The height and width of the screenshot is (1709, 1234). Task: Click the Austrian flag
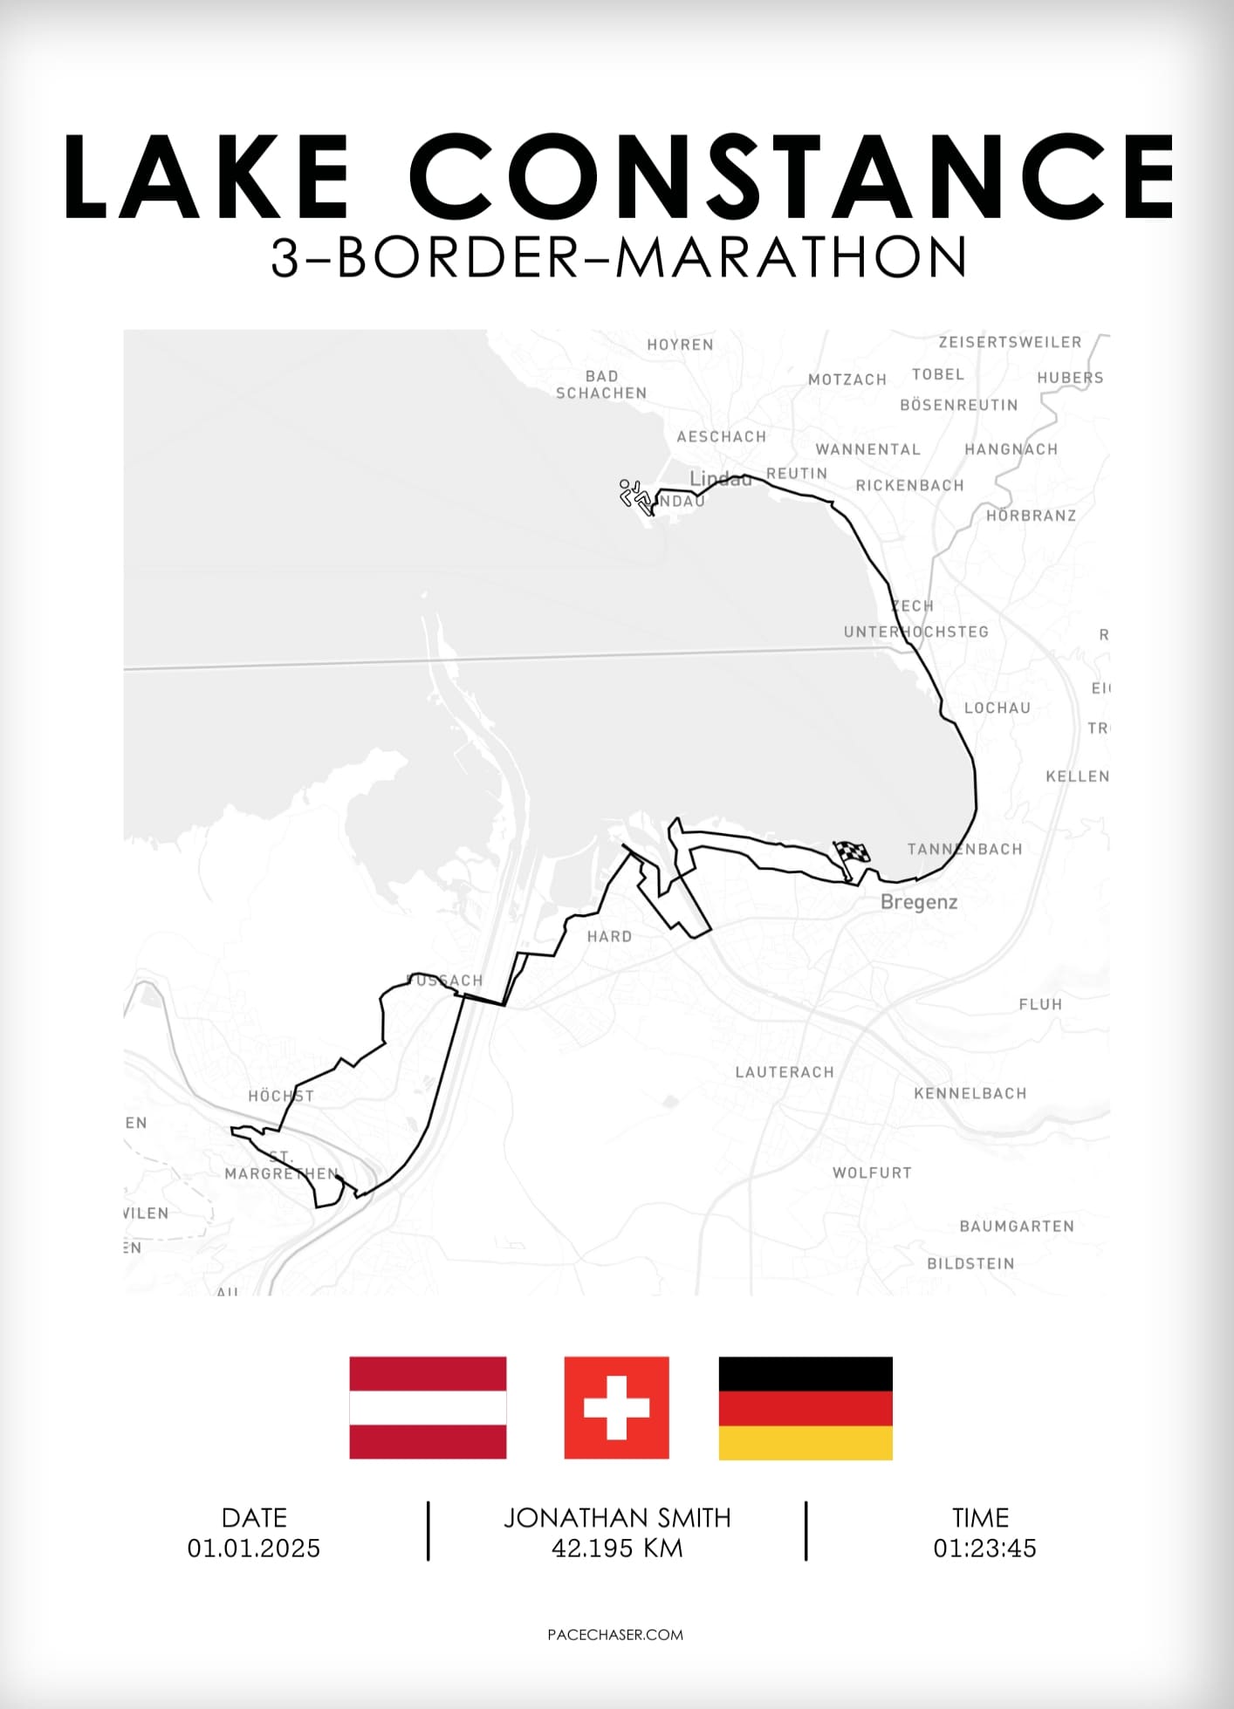click(x=428, y=1407)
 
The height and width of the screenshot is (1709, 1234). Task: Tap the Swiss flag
click(x=616, y=1407)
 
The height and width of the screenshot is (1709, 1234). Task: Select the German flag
click(x=806, y=1407)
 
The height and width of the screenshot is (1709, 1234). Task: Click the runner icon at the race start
click(x=635, y=496)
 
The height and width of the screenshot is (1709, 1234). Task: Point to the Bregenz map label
click(x=919, y=902)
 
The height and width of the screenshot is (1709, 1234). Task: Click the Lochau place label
click(x=997, y=708)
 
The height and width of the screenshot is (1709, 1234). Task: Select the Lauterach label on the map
click(x=785, y=1072)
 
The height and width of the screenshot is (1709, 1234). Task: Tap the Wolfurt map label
click(x=872, y=1172)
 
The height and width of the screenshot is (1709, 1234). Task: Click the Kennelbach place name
click(x=970, y=1093)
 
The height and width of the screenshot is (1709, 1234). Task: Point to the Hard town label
click(x=609, y=937)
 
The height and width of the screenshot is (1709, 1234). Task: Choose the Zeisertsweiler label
click(x=1010, y=342)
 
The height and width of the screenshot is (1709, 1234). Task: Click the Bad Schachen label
click(x=601, y=385)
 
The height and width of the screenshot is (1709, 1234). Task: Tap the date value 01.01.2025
click(x=254, y=1548)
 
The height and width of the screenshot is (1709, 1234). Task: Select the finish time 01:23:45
click(x=984, y=1548)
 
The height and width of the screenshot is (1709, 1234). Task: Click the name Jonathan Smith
click(x=617, y=1518)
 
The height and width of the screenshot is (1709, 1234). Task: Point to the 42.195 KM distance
click(x=617, y=1548)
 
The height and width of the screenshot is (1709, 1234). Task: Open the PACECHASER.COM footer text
click(x=615, y=1635)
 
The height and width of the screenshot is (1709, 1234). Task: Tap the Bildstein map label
click(x=970, y=1263)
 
